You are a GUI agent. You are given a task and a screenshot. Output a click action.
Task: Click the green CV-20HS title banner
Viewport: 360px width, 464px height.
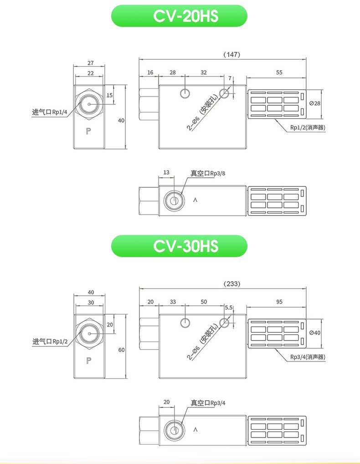click(179, 15)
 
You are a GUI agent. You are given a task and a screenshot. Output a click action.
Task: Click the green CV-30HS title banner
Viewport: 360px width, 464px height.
click(179, 246)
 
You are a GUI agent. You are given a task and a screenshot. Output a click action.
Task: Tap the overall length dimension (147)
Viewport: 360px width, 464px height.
click(231, 54)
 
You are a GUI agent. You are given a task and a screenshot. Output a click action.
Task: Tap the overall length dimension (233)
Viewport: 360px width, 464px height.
click(231, 284)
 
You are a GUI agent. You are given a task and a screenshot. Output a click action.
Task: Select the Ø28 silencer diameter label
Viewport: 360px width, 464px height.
click(315, 103)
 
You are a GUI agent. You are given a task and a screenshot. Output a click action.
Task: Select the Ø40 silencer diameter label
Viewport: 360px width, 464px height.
click(315, 333)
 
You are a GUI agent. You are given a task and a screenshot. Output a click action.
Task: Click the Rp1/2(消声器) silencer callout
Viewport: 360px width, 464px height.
click(308, 128)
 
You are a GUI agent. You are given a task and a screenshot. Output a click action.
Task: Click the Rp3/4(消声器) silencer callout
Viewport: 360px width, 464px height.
click(308, 357)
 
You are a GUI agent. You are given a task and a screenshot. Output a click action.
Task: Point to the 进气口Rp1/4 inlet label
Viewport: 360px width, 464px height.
click(50, 112)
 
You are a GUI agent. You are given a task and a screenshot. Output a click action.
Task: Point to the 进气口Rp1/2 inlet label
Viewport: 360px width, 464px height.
click(50, 341)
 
